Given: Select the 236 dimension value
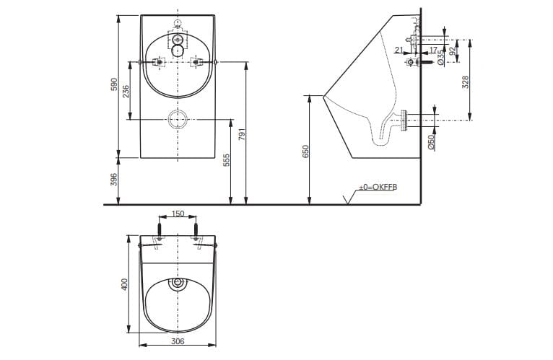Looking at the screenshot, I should click(126, 92).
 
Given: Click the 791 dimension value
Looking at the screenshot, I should click(243, 134).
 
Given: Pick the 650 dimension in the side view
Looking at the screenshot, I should click(305, 151).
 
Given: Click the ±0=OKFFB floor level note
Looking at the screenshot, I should click(378, 187).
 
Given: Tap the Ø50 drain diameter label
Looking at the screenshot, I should click(431, 141).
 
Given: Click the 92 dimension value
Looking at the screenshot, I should click(453, 52).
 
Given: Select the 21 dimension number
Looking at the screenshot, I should click(399, 49).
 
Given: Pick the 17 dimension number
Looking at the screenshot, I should click(433, 49).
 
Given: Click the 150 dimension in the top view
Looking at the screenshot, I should click(177, 214).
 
